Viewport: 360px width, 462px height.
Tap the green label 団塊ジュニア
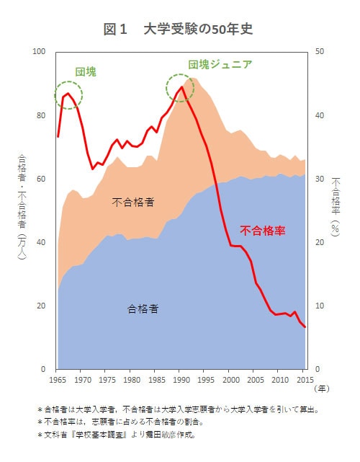click(x=220, y=64)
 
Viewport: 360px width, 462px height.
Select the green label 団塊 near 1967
click(x=86, y=72)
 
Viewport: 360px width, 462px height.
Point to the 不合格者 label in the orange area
click(x=132, y=203)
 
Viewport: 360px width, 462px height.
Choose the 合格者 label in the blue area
click(x=143, y=308)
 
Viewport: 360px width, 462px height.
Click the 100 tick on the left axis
click(x=39, y=52)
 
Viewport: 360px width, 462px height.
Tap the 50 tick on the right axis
click(x=318, y=52)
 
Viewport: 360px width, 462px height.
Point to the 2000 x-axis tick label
click(x=230, y=380)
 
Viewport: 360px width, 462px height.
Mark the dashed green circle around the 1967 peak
click(x=68, y=94)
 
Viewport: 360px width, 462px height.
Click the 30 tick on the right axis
click(x=318, y=179)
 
